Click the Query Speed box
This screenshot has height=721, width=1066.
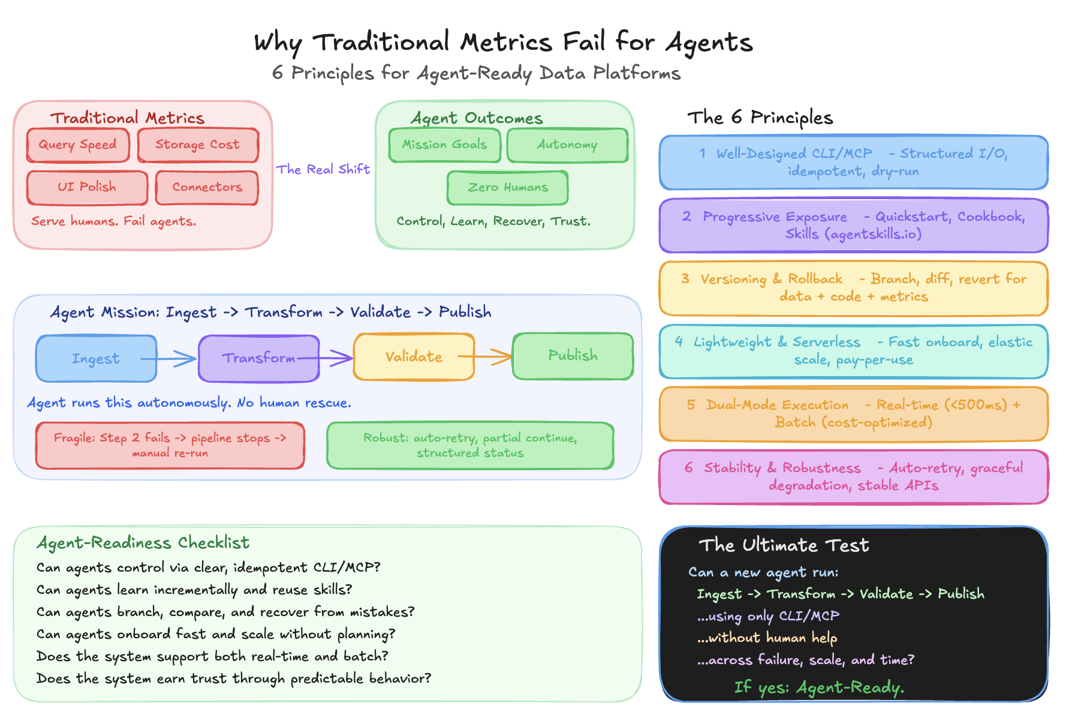(78, 145)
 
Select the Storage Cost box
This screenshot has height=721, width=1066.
(198, 145)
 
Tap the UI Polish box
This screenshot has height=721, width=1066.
(87, 187)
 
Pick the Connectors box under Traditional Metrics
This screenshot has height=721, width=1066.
(207, 187)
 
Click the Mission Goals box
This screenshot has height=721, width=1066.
(444, 145)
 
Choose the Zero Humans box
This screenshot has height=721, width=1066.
(507, 188)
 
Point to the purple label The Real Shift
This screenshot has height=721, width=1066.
(323, 169)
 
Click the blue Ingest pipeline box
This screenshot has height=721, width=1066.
(96, 359)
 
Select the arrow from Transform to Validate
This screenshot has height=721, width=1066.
(336, 358)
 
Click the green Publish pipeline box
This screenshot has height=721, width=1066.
(573, 356)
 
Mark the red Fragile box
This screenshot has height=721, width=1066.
(170, 446)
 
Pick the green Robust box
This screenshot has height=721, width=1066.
(470, 446)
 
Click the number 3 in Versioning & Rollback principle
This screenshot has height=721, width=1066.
(685, 279)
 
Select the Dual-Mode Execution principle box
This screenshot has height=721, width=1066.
(853, 414)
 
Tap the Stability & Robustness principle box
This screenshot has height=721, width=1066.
(853, 477)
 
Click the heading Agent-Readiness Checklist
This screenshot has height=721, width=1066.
(143, 543)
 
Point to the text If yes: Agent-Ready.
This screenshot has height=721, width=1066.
(819, 687)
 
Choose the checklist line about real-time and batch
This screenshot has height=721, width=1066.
(212, 656)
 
